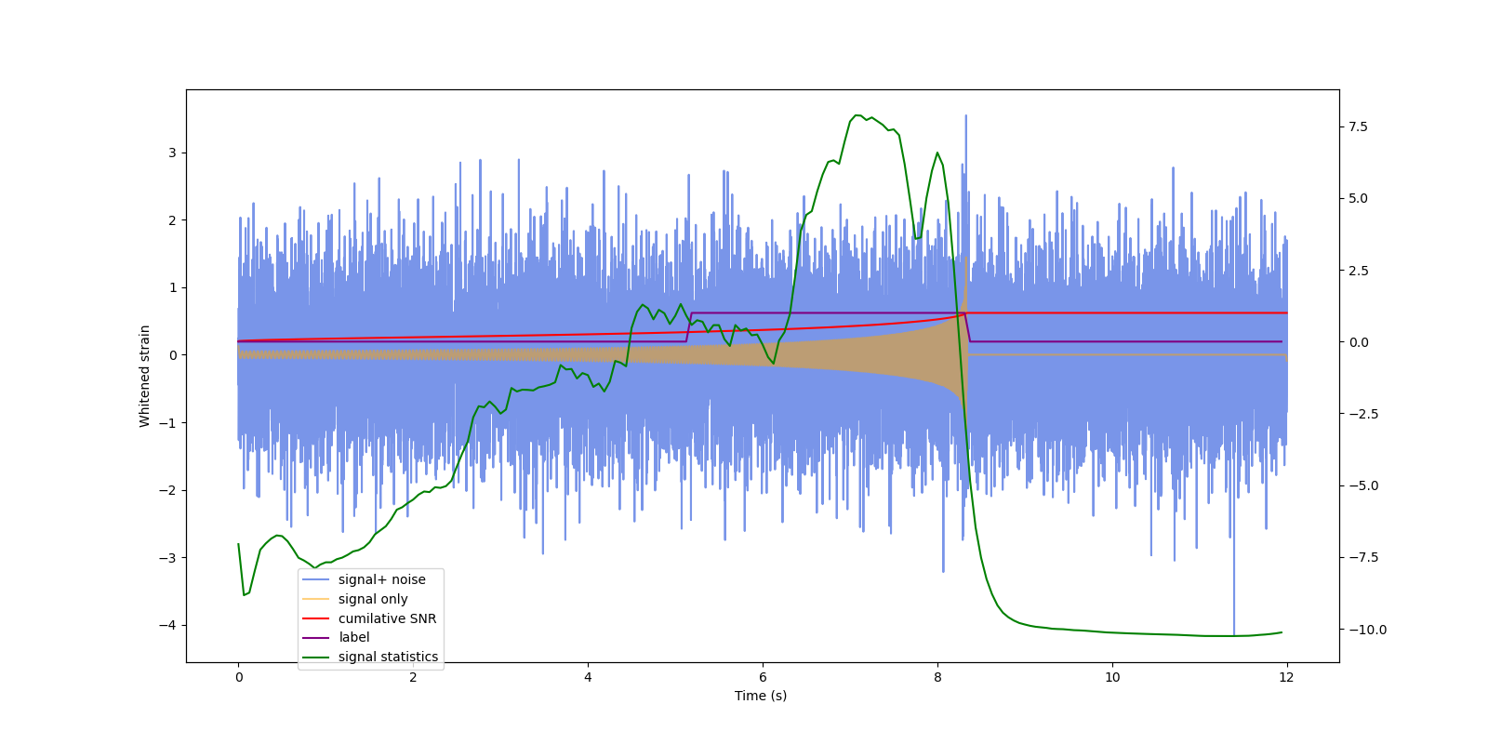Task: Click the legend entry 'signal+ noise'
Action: coord(381,579)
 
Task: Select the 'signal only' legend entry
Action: coord(372,599)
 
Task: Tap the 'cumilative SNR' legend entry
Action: coord(387,618)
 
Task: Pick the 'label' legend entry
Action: coord(353,637)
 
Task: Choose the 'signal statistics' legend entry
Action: coord(388,657)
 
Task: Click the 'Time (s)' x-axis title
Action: coord(761,696)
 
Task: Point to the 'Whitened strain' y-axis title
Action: coord(145,376)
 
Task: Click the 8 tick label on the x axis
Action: coord(937,677)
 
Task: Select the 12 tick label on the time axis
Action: coord(1286,677)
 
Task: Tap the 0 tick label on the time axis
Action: coord(239,677)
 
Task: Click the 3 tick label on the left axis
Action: coord(172,153)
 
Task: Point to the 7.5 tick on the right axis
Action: coord(1358,126)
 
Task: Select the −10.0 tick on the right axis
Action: coord(1363,630)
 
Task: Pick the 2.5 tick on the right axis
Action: coord(1358,271)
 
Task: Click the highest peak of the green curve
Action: coord(857,115)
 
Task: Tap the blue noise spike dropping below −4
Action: coord(1234,632)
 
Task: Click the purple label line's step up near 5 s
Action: coord(689,326)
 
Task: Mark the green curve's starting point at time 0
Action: coord(239,544)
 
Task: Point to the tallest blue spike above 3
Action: coord(965,116)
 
